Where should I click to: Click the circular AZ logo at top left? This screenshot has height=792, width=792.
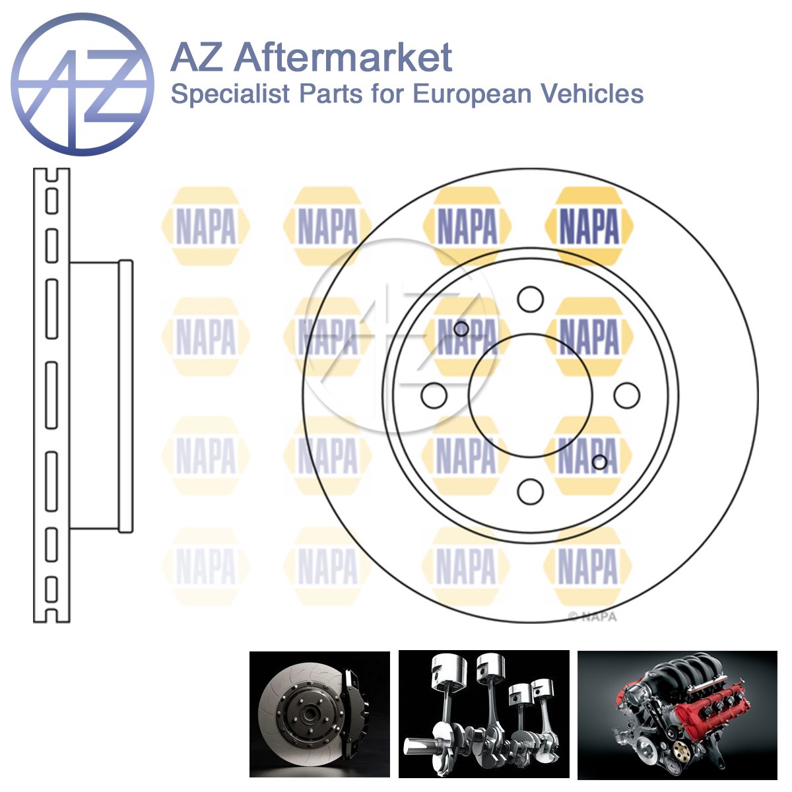(x=82, y=84)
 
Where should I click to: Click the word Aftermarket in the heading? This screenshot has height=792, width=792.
(x=343, y=57)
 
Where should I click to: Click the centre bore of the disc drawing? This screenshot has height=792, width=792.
(x=530, y=395)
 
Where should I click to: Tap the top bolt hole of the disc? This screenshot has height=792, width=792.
(x=530, y=299)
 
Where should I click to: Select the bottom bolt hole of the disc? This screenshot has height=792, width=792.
(x=530, y=492)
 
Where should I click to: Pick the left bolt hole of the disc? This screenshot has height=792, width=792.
(x=434, y=395)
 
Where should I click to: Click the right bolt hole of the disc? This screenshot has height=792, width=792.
(x=627, y=395)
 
